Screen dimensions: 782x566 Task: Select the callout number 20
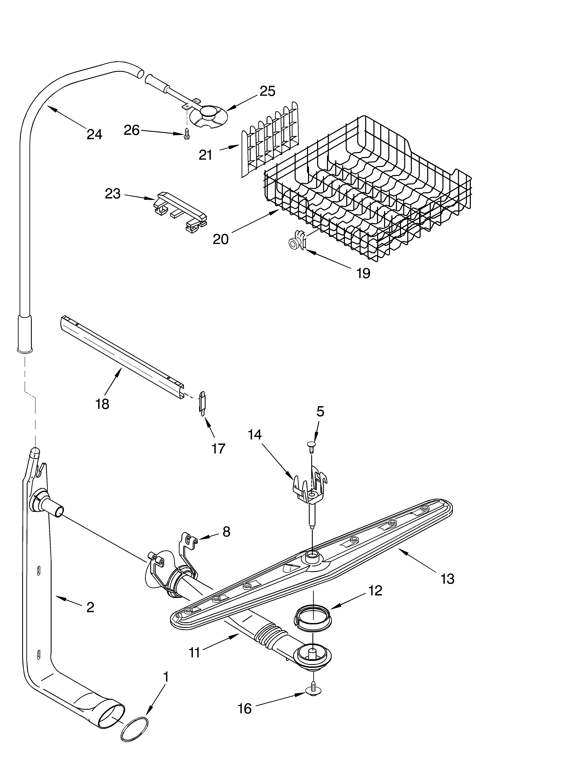point(221,239)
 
